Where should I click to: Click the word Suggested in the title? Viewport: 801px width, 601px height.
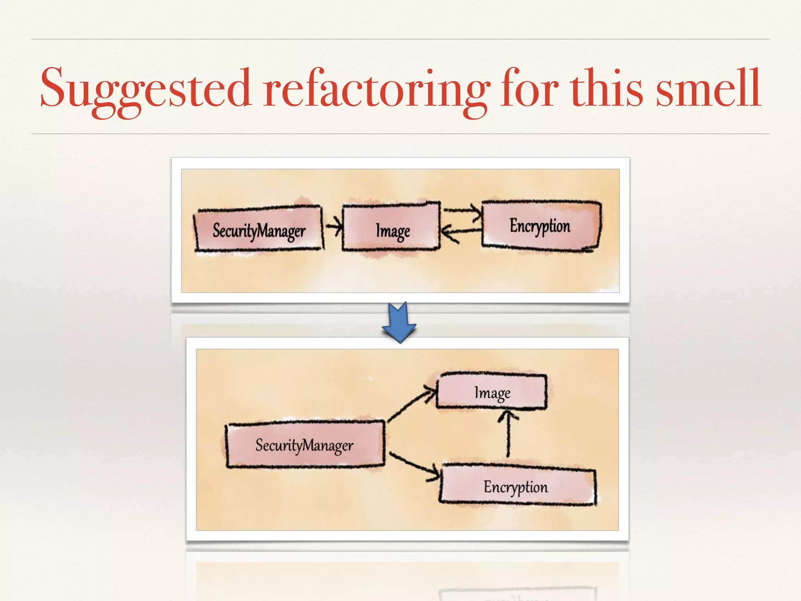(145, 88)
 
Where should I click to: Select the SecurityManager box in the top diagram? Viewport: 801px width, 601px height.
(259, 230)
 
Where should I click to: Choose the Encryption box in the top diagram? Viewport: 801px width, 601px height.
(541, 225)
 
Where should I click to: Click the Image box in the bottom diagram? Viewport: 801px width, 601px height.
(492, 392)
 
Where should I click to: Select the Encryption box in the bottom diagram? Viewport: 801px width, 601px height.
(517, 485)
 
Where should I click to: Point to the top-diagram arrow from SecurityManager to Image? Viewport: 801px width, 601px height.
(334, 226)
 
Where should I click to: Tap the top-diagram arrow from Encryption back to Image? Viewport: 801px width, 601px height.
(462, 232)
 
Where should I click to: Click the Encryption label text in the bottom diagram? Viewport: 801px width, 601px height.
(515, 487)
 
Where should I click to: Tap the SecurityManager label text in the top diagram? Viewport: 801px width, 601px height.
(259, 230)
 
